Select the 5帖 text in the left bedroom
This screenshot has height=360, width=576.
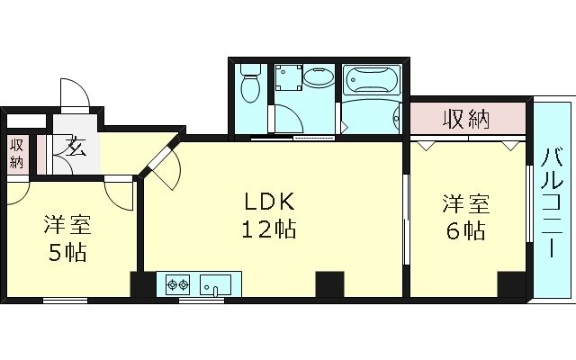point(67,252)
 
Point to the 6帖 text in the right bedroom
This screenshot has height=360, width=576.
point(464,230)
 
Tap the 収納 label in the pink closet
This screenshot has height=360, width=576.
point(466,118)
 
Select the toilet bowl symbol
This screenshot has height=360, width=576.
point(250,84)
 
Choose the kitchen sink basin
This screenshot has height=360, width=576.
point(215,285)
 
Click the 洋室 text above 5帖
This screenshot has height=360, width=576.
point(67,223)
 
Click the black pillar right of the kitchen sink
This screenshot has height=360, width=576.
point(329,284)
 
